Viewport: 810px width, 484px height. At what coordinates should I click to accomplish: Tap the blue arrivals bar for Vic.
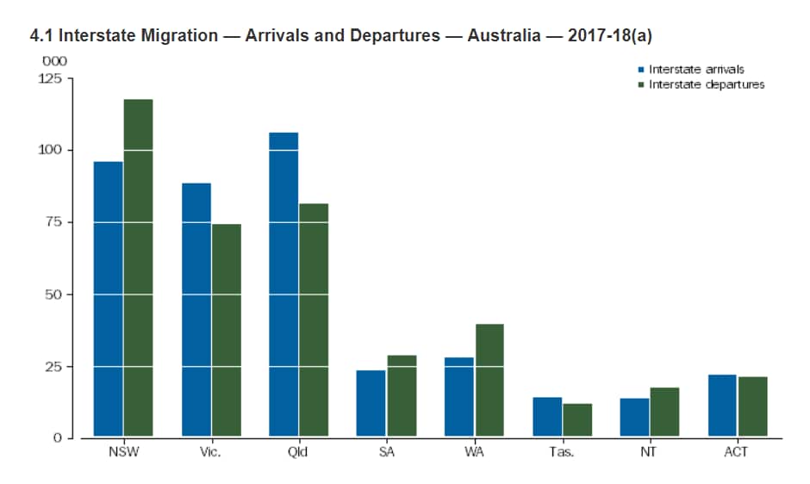coord(196,310)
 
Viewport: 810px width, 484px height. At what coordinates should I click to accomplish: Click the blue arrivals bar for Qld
coord(284,285)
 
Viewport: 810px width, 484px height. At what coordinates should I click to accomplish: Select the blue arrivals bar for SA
coord(371,404)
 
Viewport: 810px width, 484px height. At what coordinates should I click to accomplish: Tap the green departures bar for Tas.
coord(576,420)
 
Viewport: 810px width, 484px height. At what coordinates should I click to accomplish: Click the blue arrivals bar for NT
coord(634,418)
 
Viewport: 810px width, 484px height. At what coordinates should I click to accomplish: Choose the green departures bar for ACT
coord(752,407)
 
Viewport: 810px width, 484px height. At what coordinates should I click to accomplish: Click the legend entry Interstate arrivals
coord(695,69)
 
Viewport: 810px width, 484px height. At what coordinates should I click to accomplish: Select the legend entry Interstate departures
coord(706,84)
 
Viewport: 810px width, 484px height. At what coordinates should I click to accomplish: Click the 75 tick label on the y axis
coord(54,222)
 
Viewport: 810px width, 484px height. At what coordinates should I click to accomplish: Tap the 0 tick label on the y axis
coord(58,438)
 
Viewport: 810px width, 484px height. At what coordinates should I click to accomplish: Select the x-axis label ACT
coord(736,452)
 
